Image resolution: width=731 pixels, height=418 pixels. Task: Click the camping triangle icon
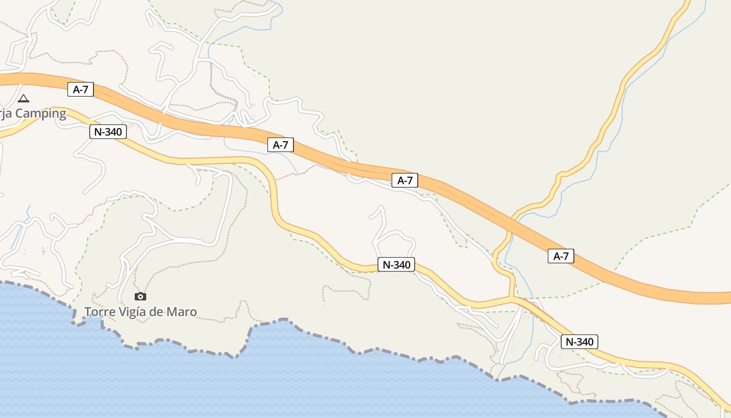[x=23, y=98]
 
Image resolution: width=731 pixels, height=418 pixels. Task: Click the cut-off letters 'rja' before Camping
[x=6, y=114]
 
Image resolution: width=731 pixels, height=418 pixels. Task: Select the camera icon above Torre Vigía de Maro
[x=140, y=297]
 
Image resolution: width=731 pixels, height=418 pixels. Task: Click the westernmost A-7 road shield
[x=80, y=89]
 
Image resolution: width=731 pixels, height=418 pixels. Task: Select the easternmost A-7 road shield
[x=561, y=256]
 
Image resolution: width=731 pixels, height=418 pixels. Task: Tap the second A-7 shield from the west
[x=280, y=145]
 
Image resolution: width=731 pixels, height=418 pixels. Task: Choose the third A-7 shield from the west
[x=405, y=180]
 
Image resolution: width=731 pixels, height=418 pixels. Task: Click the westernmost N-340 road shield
[x=108, y=132]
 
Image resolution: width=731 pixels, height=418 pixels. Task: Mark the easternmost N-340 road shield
[x=579, y=342]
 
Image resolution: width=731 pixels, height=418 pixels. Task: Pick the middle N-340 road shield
[x=396, y=265]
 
